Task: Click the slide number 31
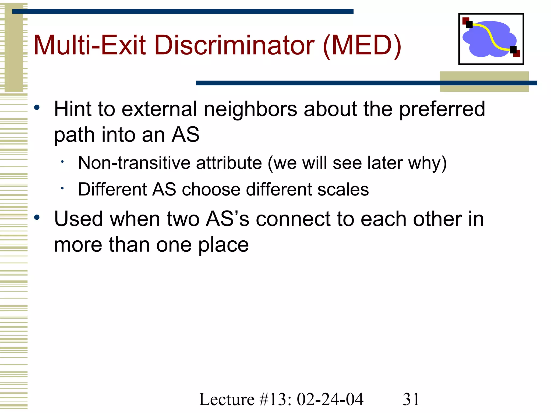[411, 399]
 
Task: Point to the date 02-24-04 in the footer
[330, 399]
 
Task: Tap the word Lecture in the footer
[227, 399]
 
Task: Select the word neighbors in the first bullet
[250, 109]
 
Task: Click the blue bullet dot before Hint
[37, 108]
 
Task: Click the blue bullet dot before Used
[37, 217]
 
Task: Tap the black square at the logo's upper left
[469, 25]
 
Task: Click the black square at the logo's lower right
[513, 50]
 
